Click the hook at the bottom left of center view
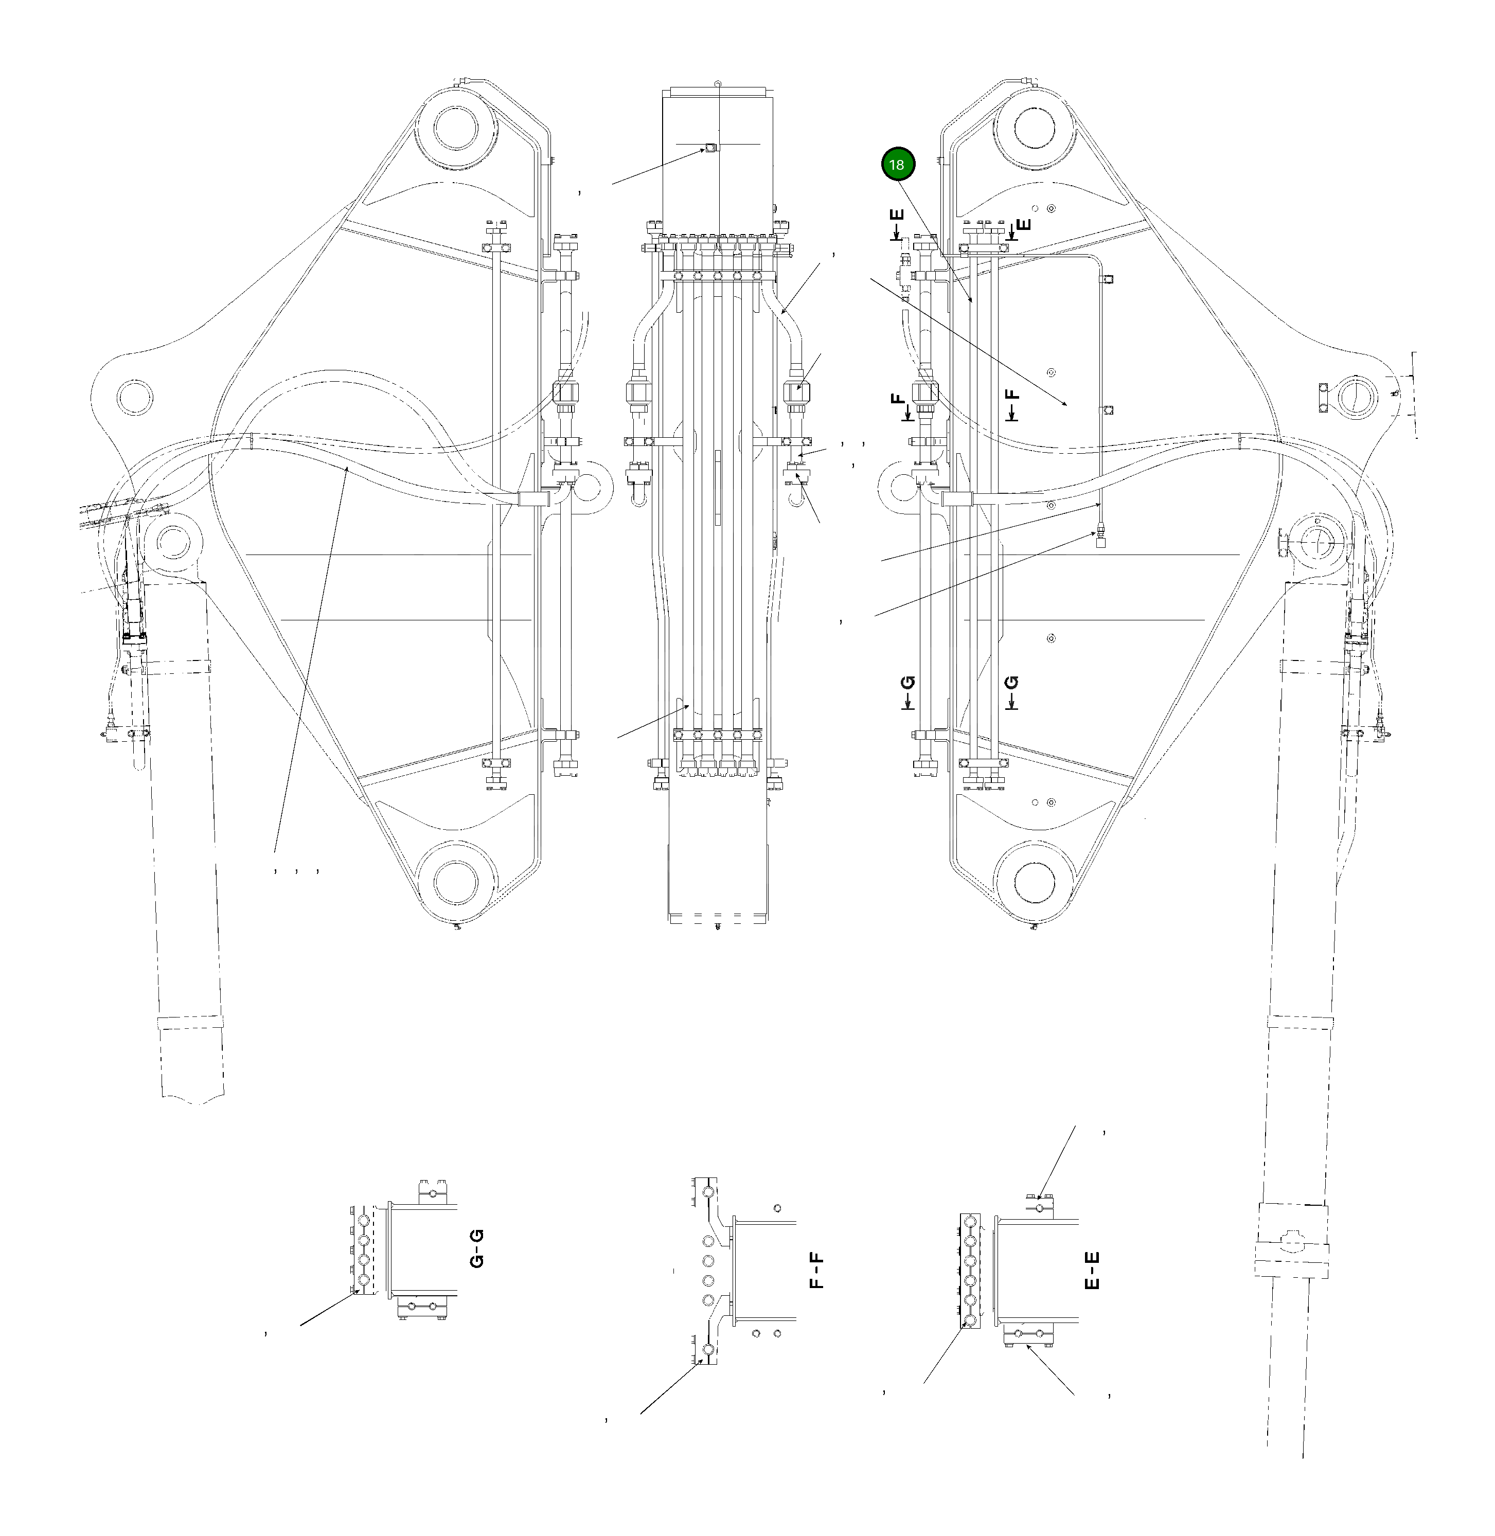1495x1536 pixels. click(x=638, y=497)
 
